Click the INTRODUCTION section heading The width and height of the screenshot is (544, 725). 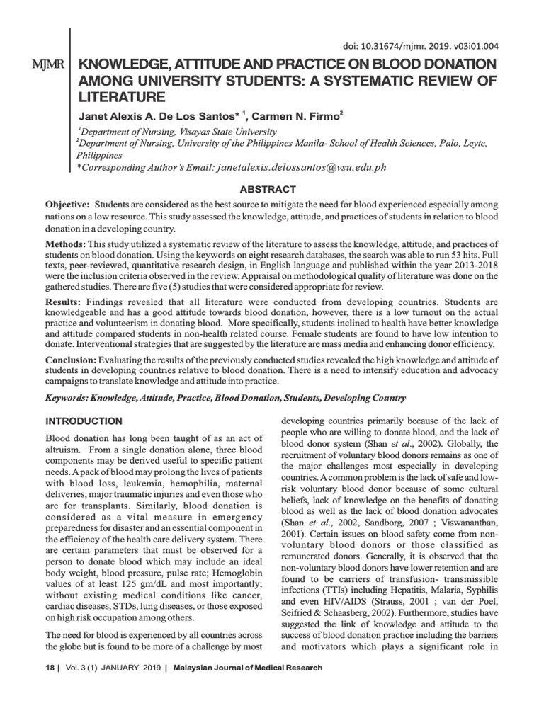[x=84, y=421]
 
